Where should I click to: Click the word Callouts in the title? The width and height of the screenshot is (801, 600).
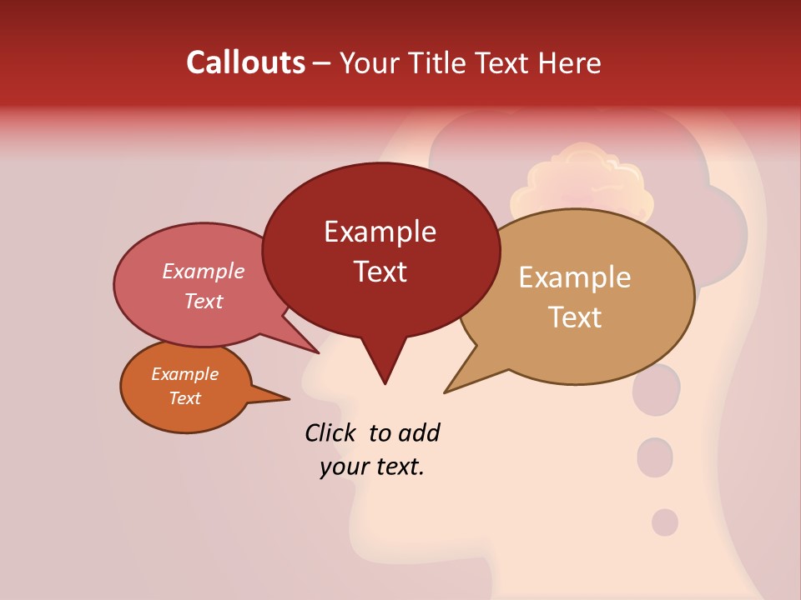(245, 63)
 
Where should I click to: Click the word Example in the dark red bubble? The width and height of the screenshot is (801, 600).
(380, 232)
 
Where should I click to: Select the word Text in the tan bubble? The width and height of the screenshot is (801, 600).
(576, 317)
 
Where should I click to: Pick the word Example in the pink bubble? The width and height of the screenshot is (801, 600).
(204, 271)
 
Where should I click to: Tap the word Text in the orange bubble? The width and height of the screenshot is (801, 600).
(185, 398)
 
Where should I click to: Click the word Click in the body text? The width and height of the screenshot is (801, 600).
(330, 432)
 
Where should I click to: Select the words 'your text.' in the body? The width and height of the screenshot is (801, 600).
(372, 467)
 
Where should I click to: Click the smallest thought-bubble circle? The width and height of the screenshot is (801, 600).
(665, 522)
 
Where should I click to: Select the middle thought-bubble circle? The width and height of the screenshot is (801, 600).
(655, 457)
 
